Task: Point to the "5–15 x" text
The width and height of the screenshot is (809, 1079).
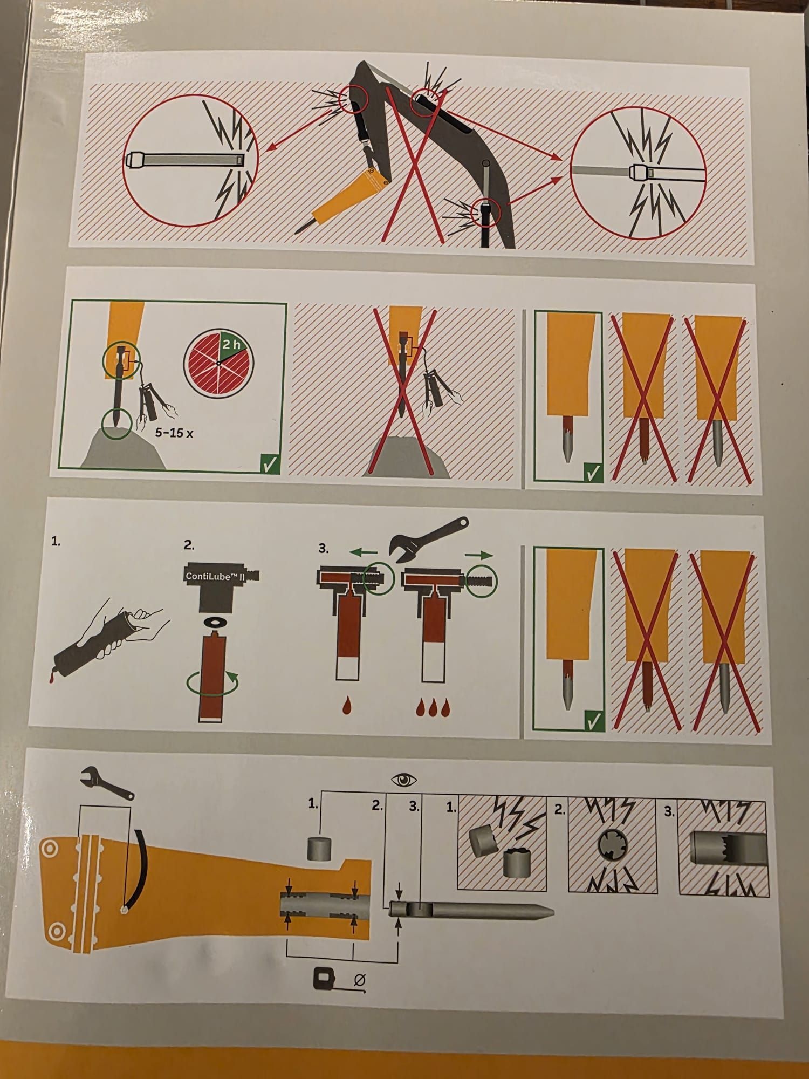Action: [174, 433]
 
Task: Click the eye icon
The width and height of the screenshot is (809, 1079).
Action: [404, 780]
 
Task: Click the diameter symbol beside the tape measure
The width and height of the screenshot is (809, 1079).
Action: [360, 980]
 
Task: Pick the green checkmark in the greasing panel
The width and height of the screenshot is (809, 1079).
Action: [269, 463]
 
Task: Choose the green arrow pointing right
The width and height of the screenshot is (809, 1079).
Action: [479, 554]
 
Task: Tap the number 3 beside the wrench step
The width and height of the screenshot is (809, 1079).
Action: [323, 548]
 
